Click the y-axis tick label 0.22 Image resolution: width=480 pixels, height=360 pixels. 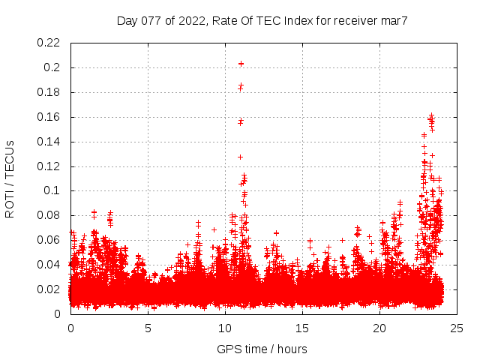click(x=49, y=43)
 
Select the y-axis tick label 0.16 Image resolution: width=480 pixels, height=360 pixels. click(x=49, y=117)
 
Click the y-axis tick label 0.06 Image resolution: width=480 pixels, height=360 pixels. click(x=49, y=240)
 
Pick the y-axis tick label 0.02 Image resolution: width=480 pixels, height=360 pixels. click(x=49, y=289)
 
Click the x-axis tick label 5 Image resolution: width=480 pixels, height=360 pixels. click(x=148, y=328)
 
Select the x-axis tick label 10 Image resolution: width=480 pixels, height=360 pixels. click(x=225, y=328)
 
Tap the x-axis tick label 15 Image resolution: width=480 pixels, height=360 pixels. click(x=302, y=328)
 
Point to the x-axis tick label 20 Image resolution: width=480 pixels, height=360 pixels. click(x=379, y=328)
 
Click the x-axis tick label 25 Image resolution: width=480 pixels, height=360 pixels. click(x=457, y=328)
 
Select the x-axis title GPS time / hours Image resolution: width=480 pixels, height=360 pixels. click(x=262, y=349)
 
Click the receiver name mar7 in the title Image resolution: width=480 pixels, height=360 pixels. click(x=394, y=21)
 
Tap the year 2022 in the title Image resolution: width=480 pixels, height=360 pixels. click(x=193, y=21)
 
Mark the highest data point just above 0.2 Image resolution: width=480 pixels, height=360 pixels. click(x=241, y=64)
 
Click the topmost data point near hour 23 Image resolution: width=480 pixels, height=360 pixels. click(x=431, y=115)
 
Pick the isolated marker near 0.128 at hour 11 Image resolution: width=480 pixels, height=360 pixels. click(x=240, y=157)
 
